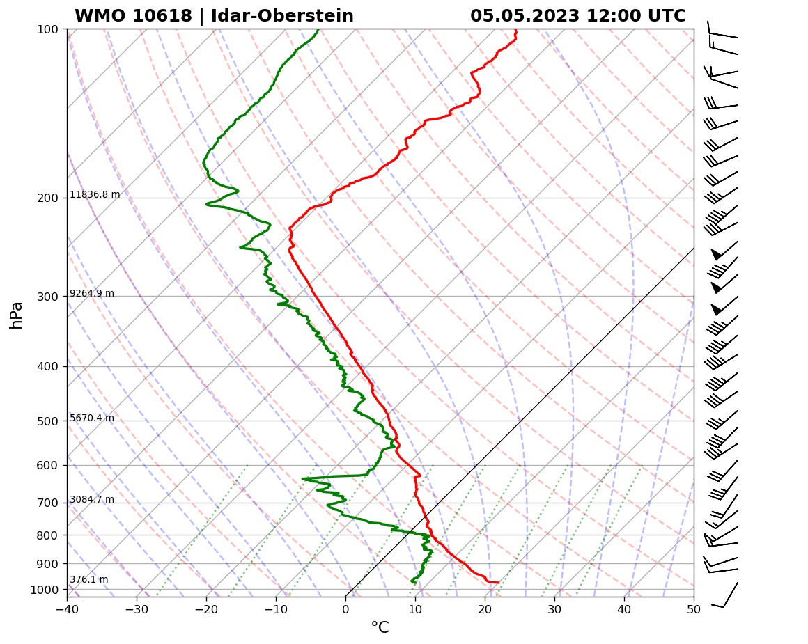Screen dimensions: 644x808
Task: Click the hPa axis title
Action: (x=17, y=315)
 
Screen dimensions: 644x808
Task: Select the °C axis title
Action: (x=380, y=628)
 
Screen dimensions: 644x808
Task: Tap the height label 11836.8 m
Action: (x=95, y=195)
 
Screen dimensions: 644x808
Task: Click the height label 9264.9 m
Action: (x=92, y=294)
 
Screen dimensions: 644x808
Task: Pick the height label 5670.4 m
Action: (x=92, y=418)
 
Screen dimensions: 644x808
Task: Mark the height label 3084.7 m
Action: (x=92, y=500)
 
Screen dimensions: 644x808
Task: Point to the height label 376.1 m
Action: (x=88, y=580)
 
